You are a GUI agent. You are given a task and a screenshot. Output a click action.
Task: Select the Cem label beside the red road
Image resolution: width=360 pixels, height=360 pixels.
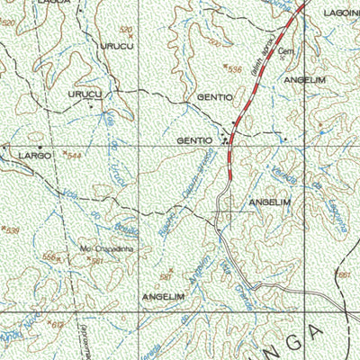coord(287,51)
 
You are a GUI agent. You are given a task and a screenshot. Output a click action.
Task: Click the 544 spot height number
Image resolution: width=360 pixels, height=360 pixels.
coord(75,156)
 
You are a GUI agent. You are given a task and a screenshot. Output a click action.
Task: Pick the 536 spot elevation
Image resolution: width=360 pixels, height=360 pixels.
coord(235,68)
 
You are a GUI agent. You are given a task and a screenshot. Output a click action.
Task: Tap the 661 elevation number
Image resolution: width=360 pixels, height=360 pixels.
coord(343,273)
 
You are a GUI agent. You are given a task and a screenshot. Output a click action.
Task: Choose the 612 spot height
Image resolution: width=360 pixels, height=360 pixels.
coord(58,324)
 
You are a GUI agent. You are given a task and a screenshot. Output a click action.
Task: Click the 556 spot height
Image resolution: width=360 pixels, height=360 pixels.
coord(51,256)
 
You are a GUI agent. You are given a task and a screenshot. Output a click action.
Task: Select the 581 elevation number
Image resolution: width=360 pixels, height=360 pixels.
coord(166,277)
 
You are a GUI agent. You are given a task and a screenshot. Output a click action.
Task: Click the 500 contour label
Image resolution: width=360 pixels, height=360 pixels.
coord(214,42)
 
